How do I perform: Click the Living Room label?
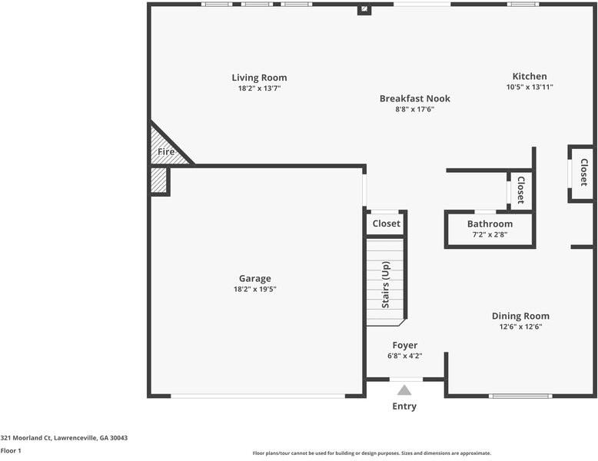click(x=259, y=78)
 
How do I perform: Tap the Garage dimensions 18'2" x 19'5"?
click(x=254, y=289)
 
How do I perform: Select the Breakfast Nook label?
click(x=415, y=98)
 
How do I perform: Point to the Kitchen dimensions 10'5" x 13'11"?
click(x=530, y=87)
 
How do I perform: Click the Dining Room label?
click(x=520, y=316)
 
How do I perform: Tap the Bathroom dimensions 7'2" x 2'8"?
click(x=490, y=234)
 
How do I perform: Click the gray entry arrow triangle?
click(x=404, y=390)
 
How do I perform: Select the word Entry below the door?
click(x=404, y=406)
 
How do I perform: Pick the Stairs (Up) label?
click(x=386, y=284)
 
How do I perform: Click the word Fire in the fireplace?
click(x=166, y=152)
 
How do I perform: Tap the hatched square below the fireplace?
click(x=158, y=180)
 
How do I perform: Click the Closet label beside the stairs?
click(x=387, y=224)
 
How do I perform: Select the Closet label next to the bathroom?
click(x=520, y=190)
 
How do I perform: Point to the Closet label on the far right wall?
click(x=584, y=172)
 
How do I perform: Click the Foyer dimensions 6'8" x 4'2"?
click(x=404, y=357)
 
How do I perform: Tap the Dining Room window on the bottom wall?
click(x=520, y=396)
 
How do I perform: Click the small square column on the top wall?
click(x=364, y=8)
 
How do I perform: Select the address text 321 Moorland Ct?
click(x=26, y=438)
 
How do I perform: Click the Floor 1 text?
click(x=11, y=451)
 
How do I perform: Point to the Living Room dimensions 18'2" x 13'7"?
click(x=259, y=88)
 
